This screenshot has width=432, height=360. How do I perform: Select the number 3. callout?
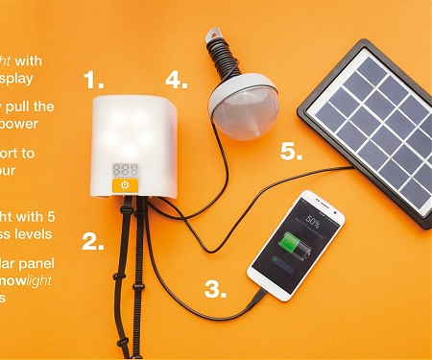[x=216, y=287]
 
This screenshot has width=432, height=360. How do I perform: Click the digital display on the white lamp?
[x=124, y=168]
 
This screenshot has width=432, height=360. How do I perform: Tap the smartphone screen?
[x=299, y=244]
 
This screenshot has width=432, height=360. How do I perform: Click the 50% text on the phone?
[x=313, y=220]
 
